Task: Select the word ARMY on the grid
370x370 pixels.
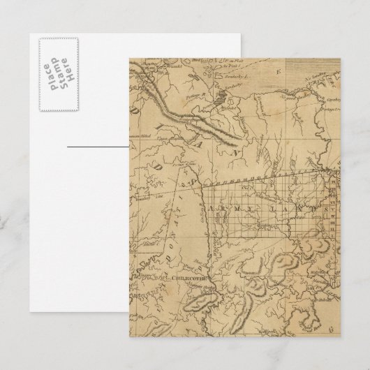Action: (x=230, y=207)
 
